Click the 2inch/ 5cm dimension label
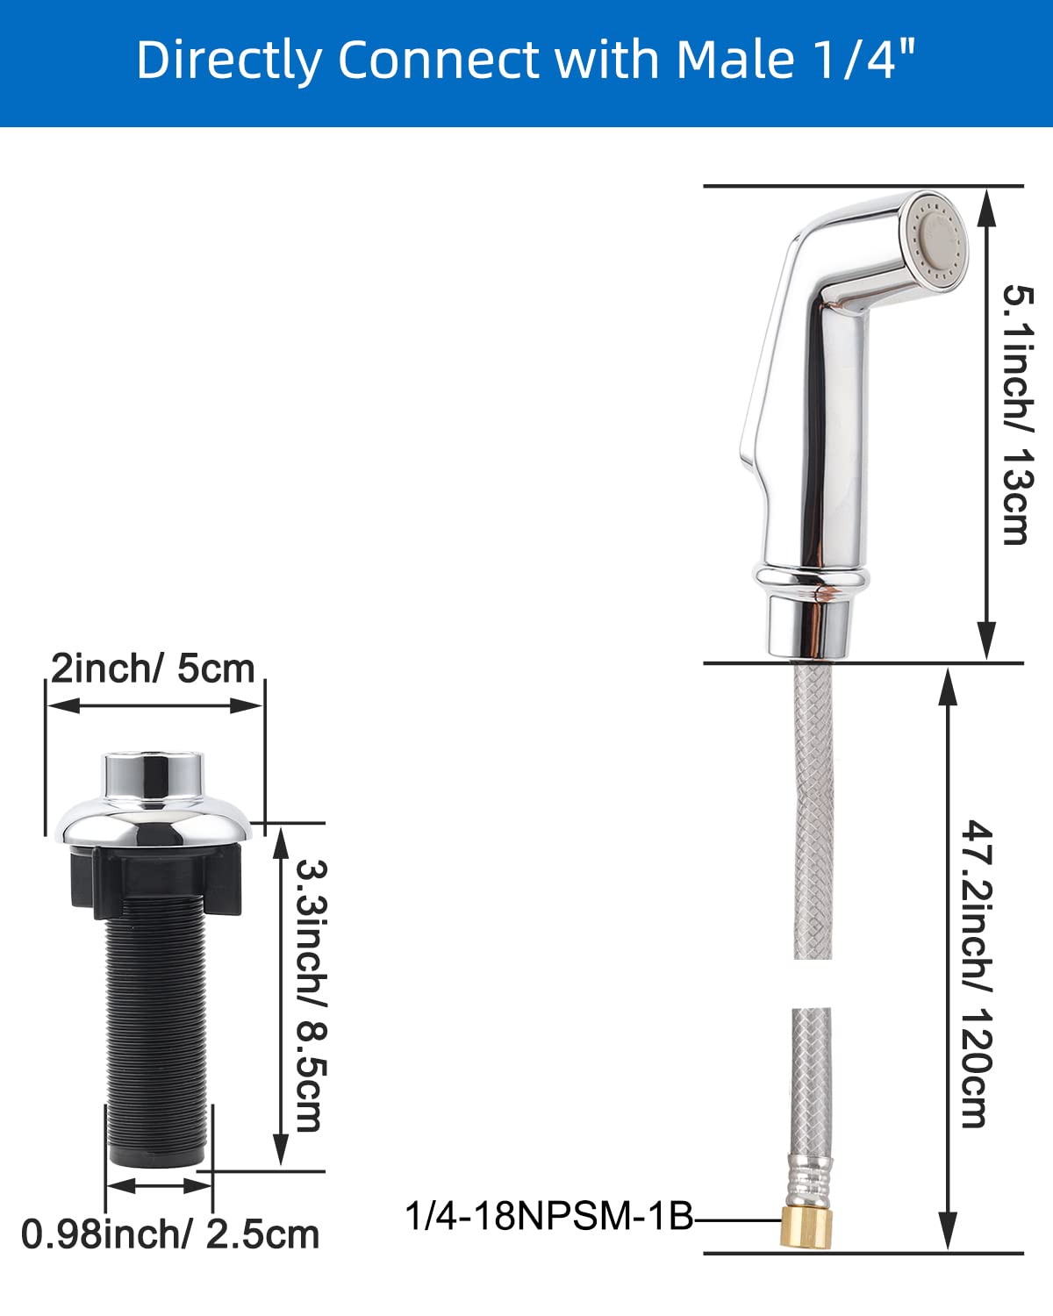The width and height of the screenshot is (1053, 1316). (x=153, y=669)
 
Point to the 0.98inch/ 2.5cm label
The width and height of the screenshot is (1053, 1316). (x=170, y=1234)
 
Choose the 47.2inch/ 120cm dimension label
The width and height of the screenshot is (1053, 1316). (x=977, y=973)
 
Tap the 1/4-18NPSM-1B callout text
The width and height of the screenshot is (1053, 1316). (x=549, y=1217)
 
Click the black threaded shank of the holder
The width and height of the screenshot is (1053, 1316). (x=157, y=1035)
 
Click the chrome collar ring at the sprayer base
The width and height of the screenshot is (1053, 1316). (x=812, y=578)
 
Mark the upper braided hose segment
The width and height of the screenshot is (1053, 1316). (x=812, y=807)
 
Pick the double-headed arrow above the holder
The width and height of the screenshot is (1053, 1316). (x=154, y=705)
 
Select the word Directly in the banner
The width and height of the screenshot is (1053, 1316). (x=229, y=60)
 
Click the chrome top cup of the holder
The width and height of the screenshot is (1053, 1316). (x=153, y=776)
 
